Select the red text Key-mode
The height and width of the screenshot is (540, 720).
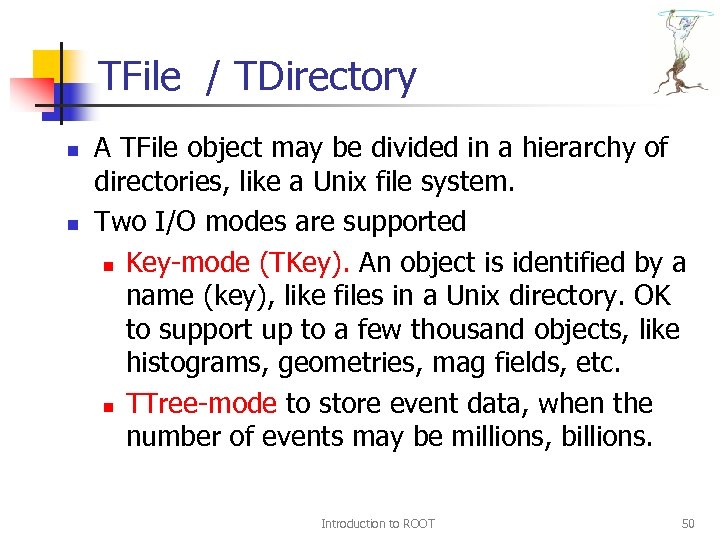point(189,263)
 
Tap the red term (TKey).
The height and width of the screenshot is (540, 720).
point(304,263)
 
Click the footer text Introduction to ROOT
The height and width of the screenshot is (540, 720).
point(378,523)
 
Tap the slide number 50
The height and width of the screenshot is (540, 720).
point(687,523)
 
